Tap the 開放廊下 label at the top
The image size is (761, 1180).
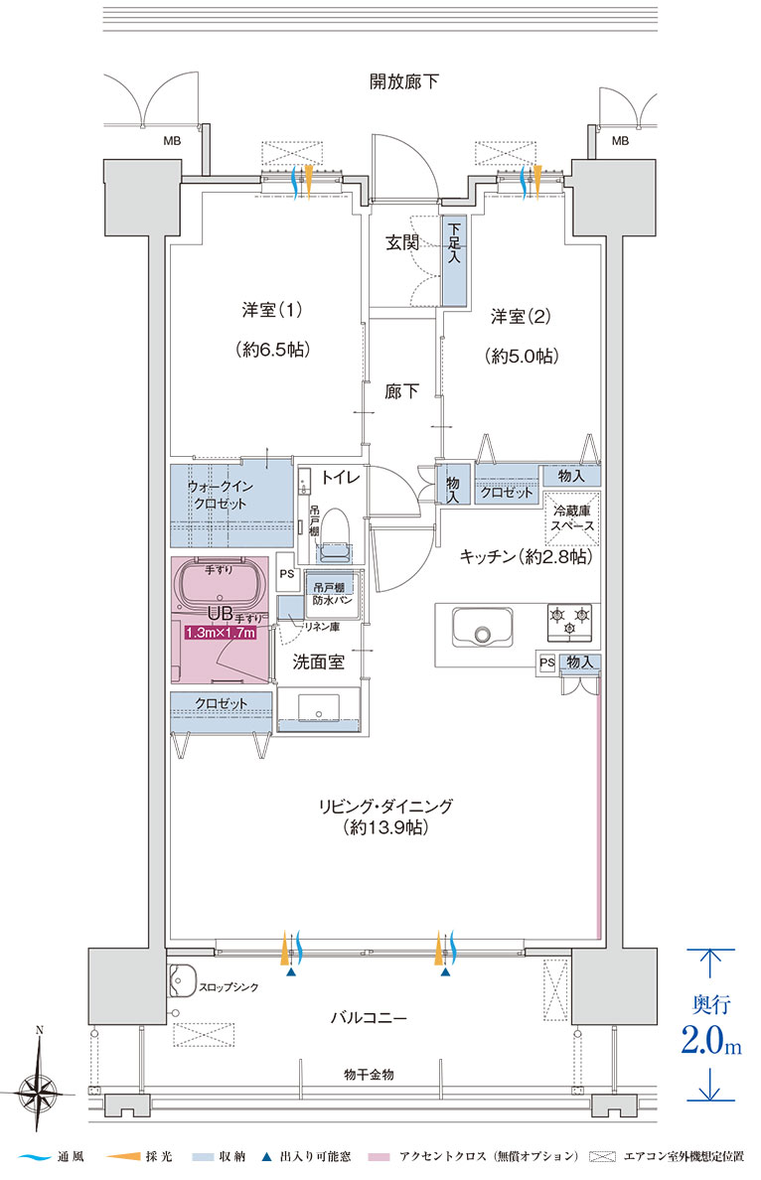pyautogui.click(x=404, y=81)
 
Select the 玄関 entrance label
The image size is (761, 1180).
pyautogui.click(x=402, y=242)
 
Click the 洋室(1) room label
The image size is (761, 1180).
pyautogui.click(x=272, y=309)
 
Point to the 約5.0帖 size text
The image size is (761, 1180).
pyautogui.click(x=522, y=356)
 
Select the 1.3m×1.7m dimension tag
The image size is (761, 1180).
pyautogui.click(x=221, y=633)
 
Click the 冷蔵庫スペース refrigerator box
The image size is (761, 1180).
pyautogui.click(x=572, y=518)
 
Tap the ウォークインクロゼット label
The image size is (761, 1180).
pyautogui.click(x=220, y=496)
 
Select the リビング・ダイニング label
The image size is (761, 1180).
pyautogui.click(x=385, y=807)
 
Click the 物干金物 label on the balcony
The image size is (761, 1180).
pyautogui.click(x=368, y=1075)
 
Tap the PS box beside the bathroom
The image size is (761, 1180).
pyautogui.click(x=286, y=573)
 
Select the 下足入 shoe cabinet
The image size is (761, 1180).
pyautogui.click(x=454, y=260)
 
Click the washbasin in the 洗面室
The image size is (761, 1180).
pyautogui.click(x=319, y=708)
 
